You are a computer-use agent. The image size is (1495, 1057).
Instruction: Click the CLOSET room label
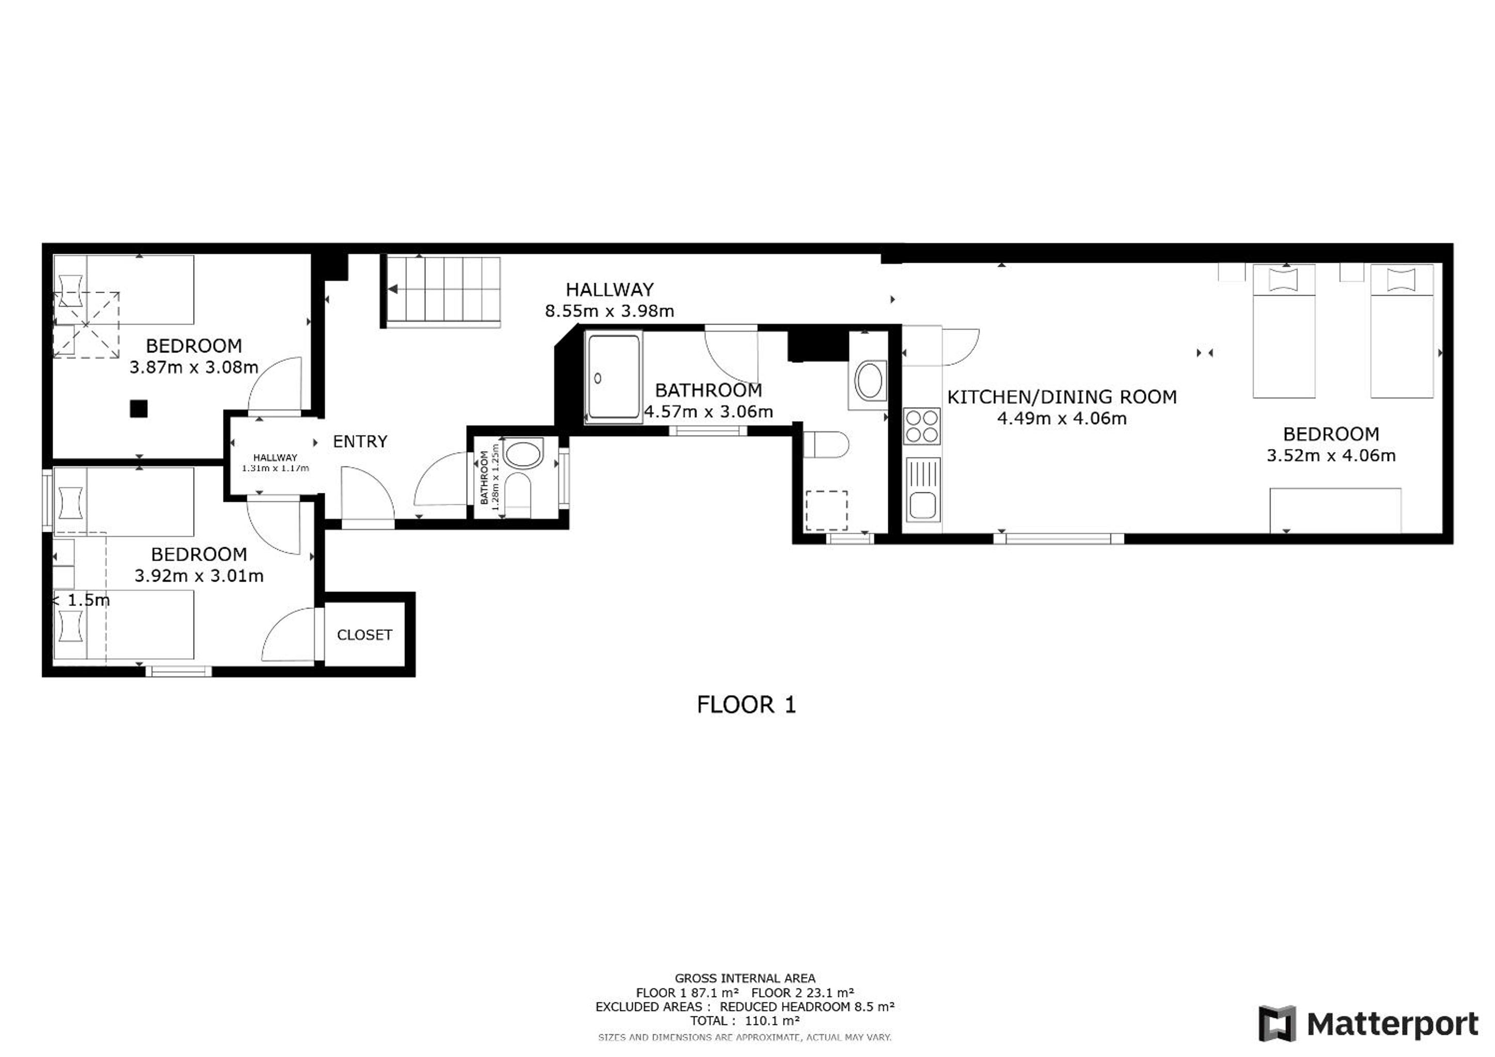tap(365, 635)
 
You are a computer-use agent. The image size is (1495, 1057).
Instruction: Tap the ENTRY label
tap(360, 441)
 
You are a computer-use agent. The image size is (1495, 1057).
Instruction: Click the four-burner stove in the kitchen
tap(922, 426)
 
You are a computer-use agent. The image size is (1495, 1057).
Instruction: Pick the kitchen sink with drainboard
tap(923, 489)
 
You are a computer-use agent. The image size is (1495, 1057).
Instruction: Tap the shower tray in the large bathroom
tap(613, 377)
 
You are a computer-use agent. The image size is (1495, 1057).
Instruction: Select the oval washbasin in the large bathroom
tap(869, 381)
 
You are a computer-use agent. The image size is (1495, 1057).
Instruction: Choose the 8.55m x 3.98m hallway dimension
tap(609, 311)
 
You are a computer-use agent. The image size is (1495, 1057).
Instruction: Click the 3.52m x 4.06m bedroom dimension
tap(1331, 456)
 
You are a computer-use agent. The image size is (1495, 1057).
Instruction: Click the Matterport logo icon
tap(1277, 1024)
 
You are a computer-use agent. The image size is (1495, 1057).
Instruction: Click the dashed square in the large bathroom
tap(827, 511)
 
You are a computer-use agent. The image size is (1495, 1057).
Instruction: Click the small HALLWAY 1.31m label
tap(275, 463)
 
